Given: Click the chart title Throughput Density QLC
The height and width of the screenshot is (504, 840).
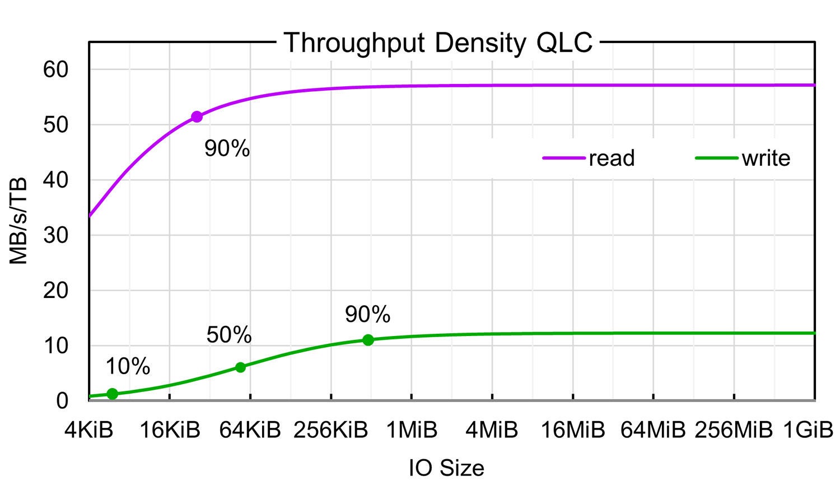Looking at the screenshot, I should click(x=437, y=43).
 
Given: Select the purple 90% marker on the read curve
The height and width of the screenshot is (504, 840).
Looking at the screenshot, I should click(x=197, y=116).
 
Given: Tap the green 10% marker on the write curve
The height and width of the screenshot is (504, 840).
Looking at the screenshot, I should click(x=112, y=394).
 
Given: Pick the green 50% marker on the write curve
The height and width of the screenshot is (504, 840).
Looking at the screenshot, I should click(x=240, y=367).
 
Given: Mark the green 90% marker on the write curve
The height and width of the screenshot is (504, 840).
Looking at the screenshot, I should click(x=368, y=340).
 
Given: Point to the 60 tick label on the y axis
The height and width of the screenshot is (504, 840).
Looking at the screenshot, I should click(x=55, y=70).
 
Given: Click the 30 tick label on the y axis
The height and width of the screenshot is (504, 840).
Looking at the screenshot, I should click(x=55, y=235).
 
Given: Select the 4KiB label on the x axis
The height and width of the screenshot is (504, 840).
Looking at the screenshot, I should click(x=89, y=430).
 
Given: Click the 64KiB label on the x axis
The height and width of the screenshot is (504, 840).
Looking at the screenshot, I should click(x=250, y=430).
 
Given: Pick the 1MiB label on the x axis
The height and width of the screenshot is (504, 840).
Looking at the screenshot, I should click(x=412, y=430).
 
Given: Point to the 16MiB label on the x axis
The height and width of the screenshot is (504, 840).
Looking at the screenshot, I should click(x=572, y=430).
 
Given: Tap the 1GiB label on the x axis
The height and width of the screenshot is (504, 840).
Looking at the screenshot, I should click(x=808, y=430).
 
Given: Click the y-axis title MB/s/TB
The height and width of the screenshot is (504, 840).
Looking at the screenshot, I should click(x=18, y=221).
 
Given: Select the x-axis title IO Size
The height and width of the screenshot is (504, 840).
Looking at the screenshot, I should click(x=446, y=468).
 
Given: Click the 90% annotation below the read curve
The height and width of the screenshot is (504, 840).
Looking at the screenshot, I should click(x=227, y=148).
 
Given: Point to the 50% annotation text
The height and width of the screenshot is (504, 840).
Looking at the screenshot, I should click(x=228, y=335).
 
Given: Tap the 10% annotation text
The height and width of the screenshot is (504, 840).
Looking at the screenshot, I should click(x=128, y=366).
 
